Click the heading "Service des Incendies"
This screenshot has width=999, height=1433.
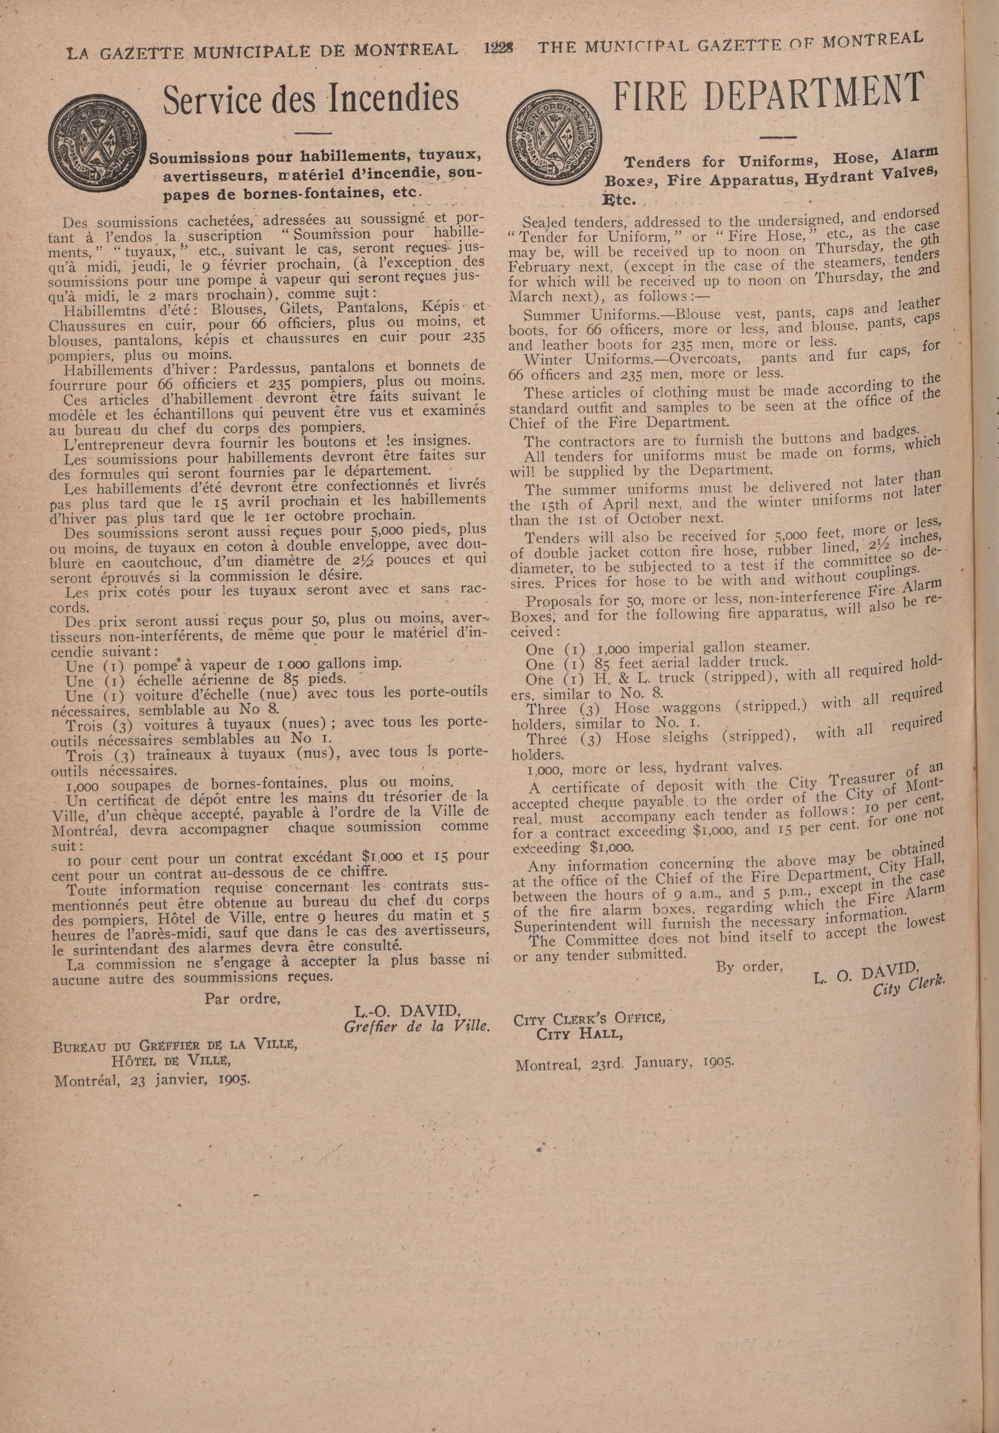310,98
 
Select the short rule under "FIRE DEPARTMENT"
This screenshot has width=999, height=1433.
778,136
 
